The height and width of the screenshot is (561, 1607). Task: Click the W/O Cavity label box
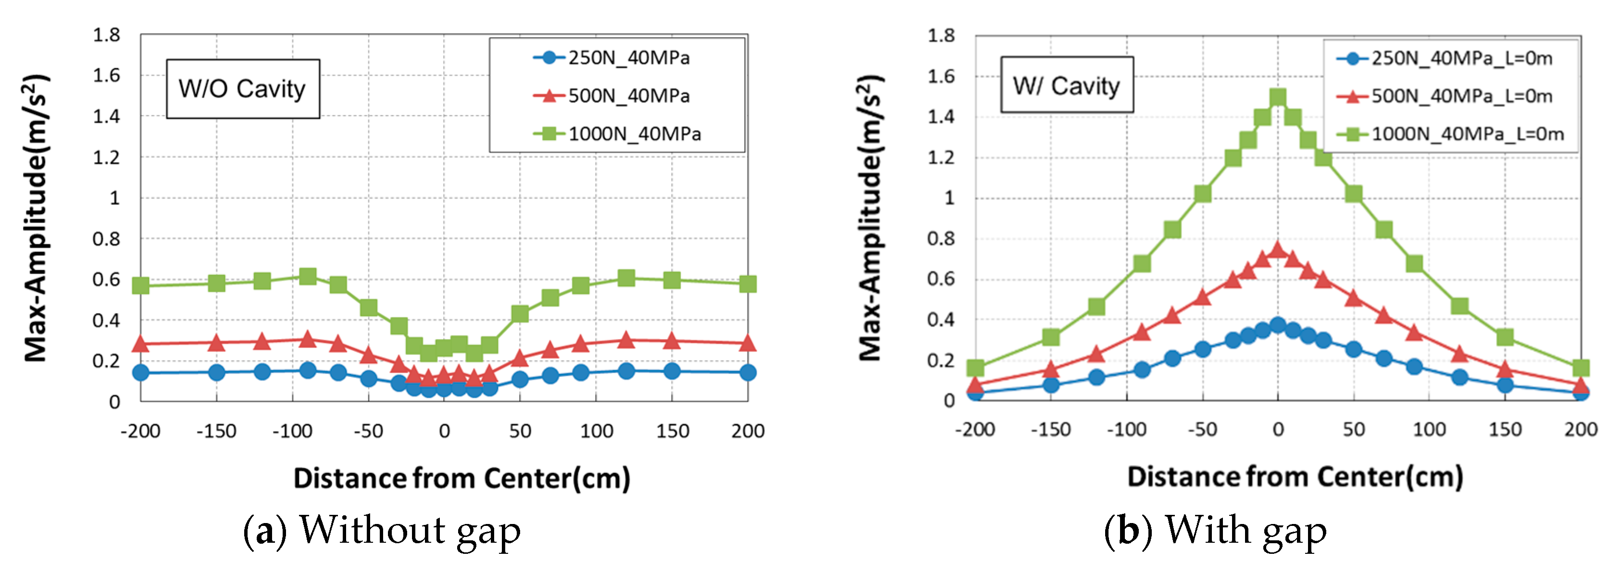click(x=242, y=88)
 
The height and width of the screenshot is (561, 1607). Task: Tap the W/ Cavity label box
click(x=1066, y=86)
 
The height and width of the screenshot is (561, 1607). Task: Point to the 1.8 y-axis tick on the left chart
click(x=106, y=35)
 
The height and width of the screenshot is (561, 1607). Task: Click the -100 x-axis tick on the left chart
click(x=292, y=431)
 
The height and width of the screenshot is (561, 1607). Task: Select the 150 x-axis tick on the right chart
click(x=1505, y=429)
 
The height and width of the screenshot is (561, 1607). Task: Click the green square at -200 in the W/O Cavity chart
click(x=141, y=286)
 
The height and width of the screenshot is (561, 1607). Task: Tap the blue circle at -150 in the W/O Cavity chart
click(x=216, y=373)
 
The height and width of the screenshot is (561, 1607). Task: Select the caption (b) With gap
click(x=1215, y=530)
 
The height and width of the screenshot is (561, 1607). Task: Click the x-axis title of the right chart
click(x=1295, y=477)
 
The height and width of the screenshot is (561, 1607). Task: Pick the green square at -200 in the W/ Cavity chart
click(x=976, y=368)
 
